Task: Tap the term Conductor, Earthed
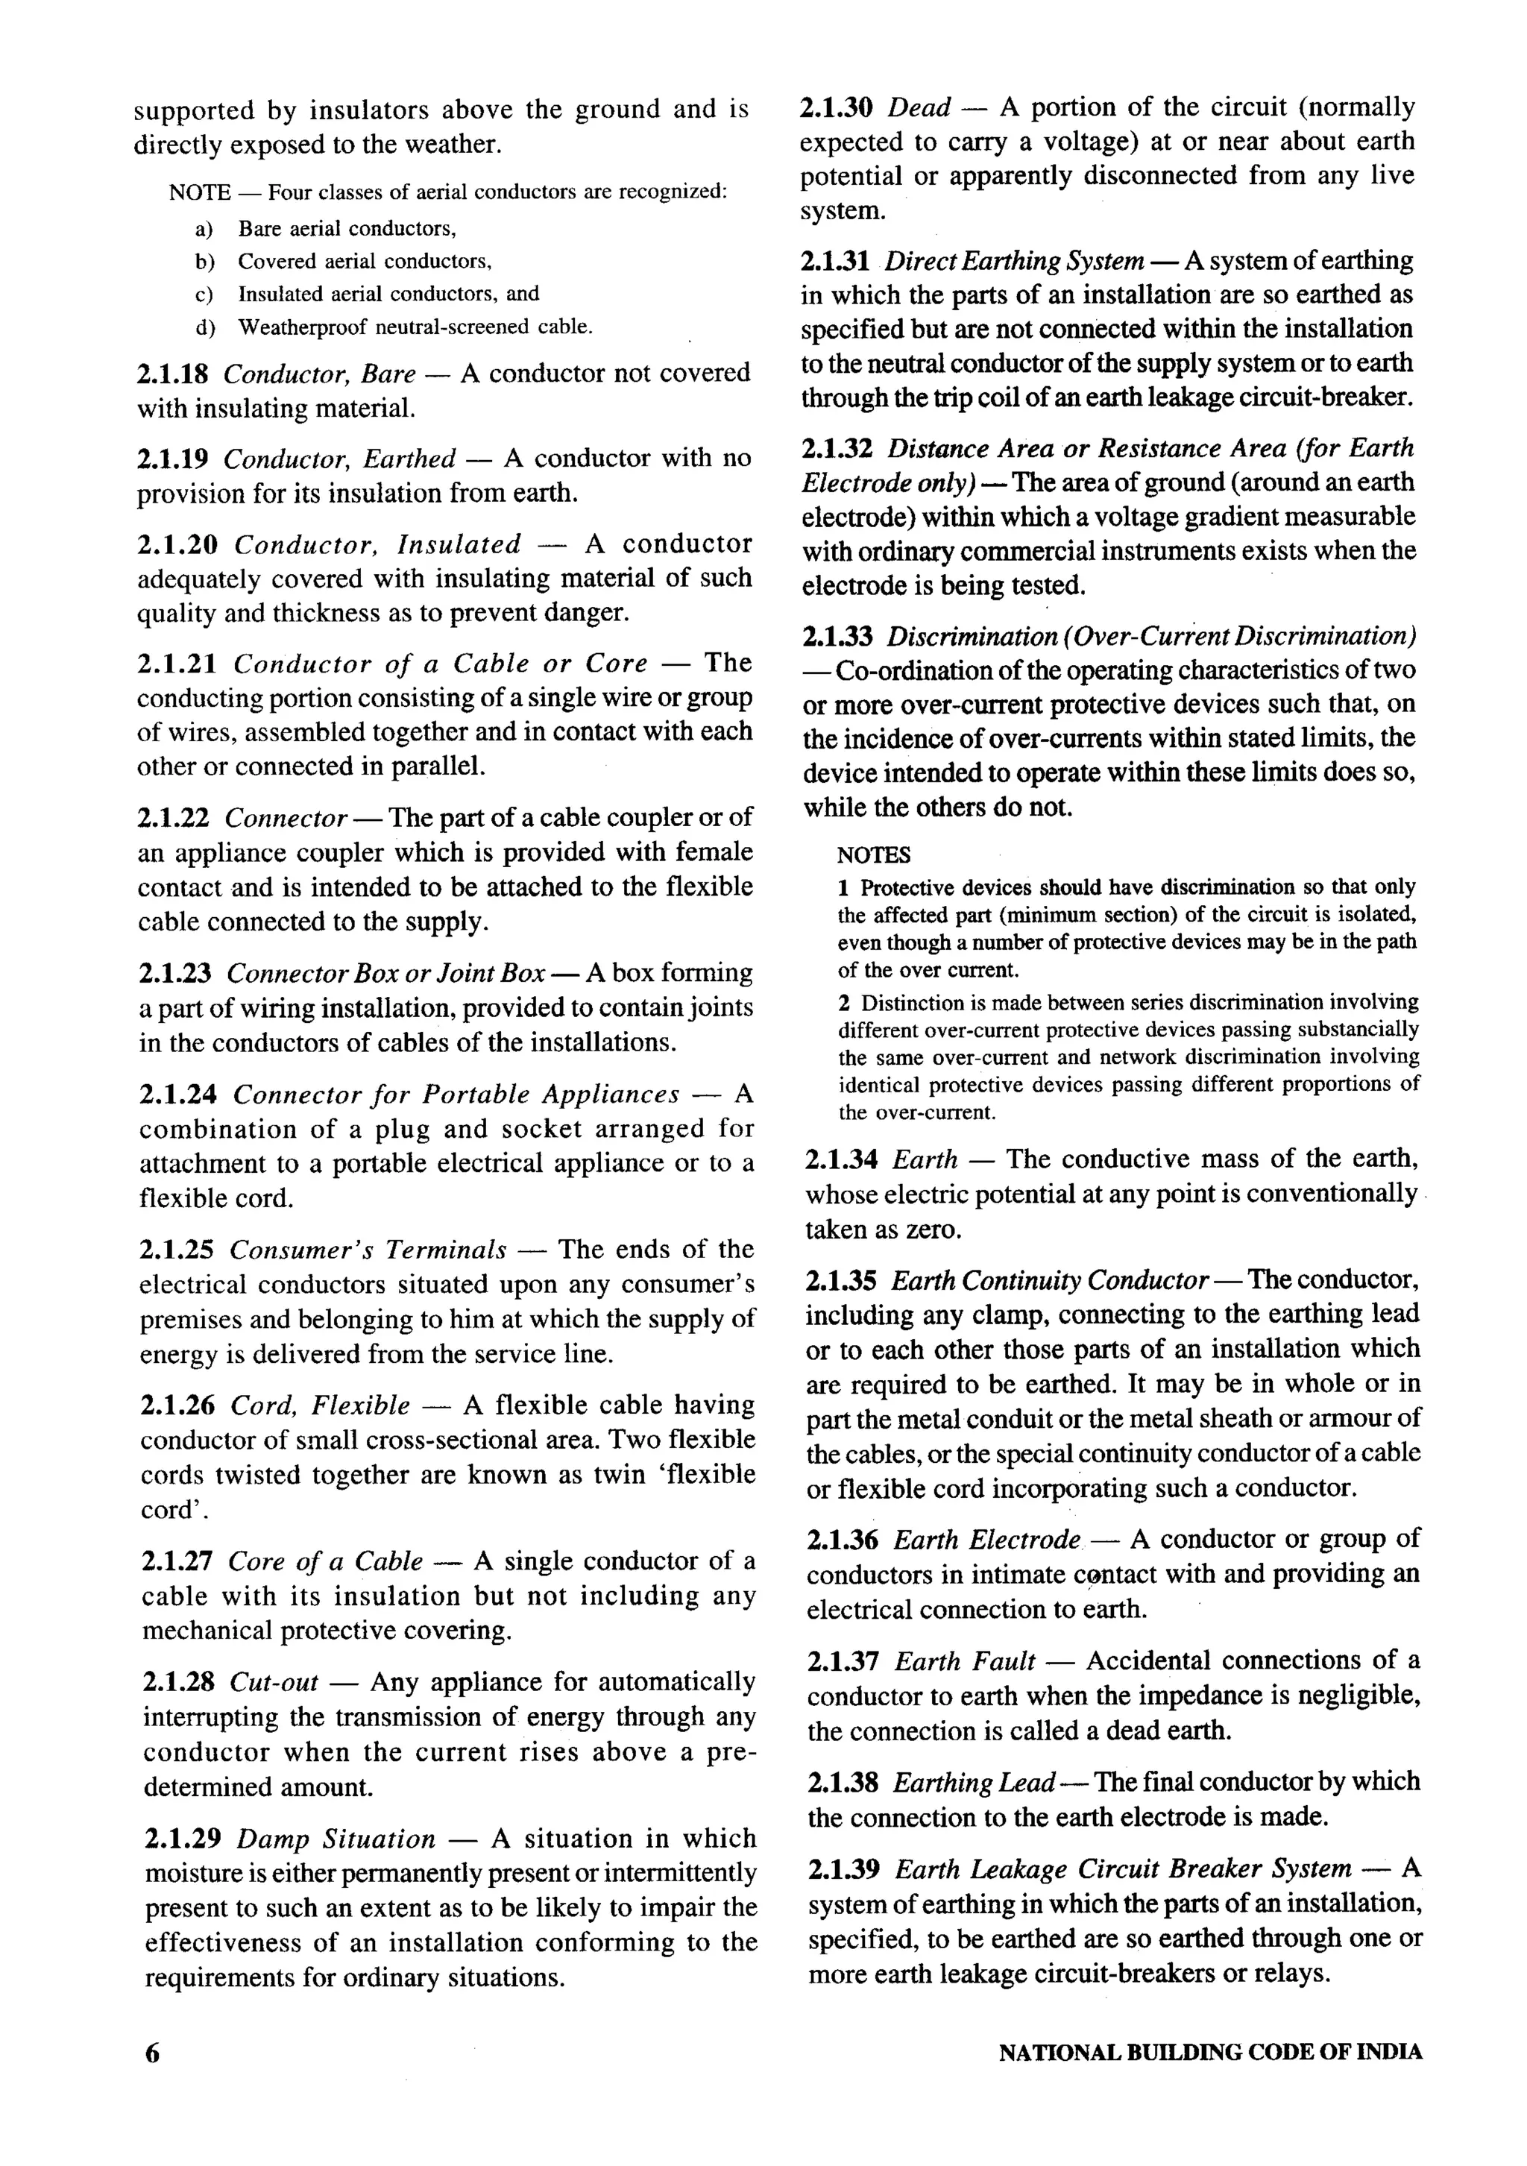coord(339,459)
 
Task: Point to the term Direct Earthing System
coord(1015,261)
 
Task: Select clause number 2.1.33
coord(837,637)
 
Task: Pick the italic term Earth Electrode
coord(986,1540)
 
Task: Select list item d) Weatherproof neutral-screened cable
coord(415,327)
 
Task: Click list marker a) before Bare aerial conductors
coord(204,229)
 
